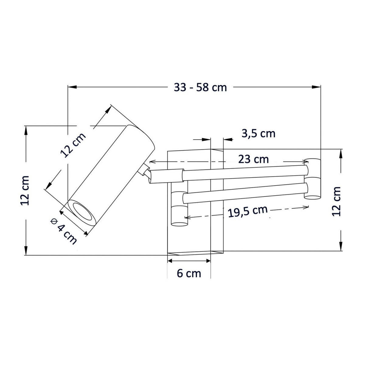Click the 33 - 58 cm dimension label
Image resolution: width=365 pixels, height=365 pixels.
[200, 87]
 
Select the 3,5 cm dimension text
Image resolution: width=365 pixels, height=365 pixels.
[258, 133]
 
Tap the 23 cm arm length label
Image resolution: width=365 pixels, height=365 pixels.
[253, 159]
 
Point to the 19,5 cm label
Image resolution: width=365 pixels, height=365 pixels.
[248, 211]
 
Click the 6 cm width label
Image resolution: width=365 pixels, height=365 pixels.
[189, 273]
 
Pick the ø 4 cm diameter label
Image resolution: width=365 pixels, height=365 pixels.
[64, 231]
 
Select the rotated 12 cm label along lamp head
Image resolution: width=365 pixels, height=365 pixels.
[73, 145]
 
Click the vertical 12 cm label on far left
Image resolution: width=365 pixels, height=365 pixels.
[25, 190]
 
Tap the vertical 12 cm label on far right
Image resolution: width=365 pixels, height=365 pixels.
[336, 201]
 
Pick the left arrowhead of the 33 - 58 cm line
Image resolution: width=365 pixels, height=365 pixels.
[72, 87]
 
